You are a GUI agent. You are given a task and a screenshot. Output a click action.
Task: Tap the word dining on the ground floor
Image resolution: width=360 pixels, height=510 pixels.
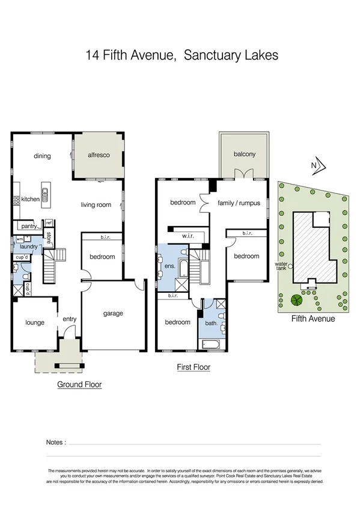coord(42,156)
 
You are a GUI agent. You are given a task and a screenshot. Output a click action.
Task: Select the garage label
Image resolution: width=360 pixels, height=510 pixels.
coord(112,313)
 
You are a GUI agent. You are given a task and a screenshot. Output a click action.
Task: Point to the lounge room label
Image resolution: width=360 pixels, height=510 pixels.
coord(35,322)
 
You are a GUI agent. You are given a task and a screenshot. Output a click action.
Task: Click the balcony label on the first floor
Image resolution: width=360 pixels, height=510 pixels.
coord(244,154)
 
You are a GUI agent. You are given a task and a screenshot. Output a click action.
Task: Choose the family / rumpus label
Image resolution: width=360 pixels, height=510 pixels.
coord(239,203)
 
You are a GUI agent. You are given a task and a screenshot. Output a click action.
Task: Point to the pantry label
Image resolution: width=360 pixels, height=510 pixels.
coord(29,227)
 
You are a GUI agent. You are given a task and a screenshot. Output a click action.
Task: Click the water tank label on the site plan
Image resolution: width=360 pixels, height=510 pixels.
coord(281,265)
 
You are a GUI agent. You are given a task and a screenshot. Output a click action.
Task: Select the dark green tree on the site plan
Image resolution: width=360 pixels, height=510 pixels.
coord(296,300)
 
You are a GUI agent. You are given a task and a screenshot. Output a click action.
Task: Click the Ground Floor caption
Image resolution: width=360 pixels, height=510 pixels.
coord(79,384)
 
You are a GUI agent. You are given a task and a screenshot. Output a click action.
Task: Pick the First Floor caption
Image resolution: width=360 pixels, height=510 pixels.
coord(193,366)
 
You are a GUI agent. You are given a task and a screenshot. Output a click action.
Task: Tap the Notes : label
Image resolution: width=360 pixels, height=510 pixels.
coord(56,442)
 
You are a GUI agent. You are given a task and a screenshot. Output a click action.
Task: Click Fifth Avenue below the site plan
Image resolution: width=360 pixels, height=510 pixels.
coord(313,319)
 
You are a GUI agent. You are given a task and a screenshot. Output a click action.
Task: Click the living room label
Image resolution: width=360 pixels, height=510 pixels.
coord(96,205)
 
